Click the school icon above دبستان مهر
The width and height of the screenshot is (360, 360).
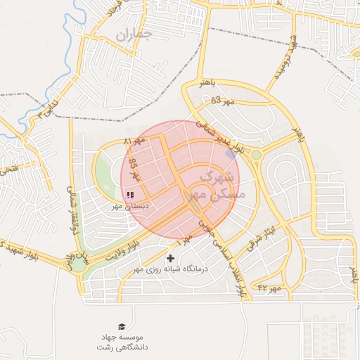coord(130,195)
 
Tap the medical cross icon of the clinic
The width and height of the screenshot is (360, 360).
coord(170,259)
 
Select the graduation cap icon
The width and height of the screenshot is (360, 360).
coord(122,326)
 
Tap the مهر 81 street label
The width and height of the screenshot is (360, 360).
coord(134,142)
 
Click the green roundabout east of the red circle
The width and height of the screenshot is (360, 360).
coord(256,155)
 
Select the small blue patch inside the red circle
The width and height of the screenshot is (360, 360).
coord(230,154)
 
